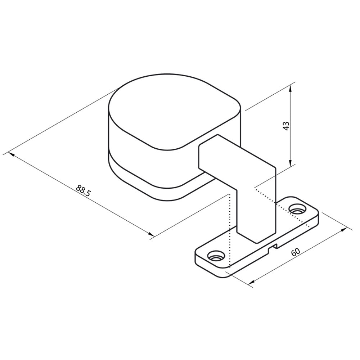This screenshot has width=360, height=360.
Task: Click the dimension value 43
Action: pyautogui.click(x=287, y=126)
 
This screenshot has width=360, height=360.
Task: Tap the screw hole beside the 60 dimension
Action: pyautogui.click(x=297, y=208)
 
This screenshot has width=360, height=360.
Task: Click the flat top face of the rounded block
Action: pyautogui.click(x=173, y=112)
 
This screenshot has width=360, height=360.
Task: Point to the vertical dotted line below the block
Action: pyautogui.click(x=229, y=230)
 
